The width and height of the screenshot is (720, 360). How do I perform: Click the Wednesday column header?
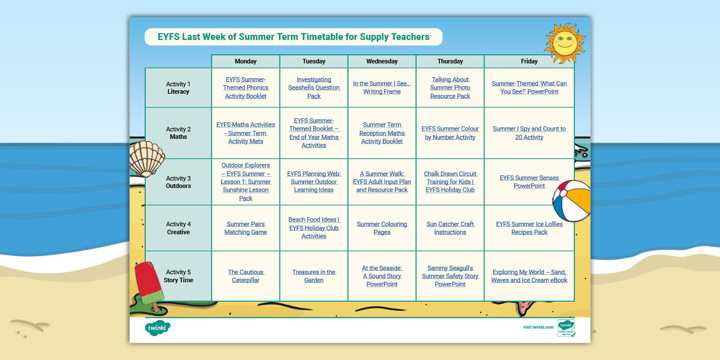pyautogui.click(x=382, y=61)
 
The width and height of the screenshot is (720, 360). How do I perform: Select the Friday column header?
pyautogui.click(x=529, y=61)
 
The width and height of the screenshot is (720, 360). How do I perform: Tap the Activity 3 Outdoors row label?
pyautogui.click(x=178, y=182)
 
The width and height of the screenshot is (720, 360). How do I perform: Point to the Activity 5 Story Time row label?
pyautogui.click(x=178, y=276)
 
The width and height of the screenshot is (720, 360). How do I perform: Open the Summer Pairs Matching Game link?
pyautogui.click(x=246, y=228)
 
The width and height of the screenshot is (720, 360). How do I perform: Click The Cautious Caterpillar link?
pyautogui.click(x=246, y=276)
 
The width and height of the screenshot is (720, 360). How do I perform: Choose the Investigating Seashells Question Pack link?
pyautogui.click(x=314, y=88)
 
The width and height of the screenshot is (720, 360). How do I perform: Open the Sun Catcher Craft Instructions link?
pyautogui.click(x=450, y=228)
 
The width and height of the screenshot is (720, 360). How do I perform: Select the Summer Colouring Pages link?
pyautogui.click(x=382, y=228)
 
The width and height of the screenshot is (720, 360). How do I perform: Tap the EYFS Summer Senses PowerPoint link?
pyautogui.click(x=529, y=182)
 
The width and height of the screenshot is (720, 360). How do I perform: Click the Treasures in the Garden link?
pyautogui.click(x=314, y=276)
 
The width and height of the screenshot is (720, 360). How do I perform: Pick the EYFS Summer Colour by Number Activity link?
pyautogui.click(x=450, y=133)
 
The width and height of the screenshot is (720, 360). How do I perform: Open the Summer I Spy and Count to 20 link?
pyautogui.click(x=529, y=133)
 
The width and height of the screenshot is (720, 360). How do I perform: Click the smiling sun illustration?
pyautogui.click(x=565, y=43)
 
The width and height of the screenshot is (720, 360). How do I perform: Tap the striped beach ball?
pyautogui.click(x=572, y=201)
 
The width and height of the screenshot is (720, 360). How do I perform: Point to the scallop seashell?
pyautogui.click(x=147, y=159)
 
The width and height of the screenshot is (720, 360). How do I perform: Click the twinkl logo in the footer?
pyautogui.click(x=158, y=328)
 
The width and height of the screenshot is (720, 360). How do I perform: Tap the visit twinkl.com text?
pyautogui.click(x=538, y=327)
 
